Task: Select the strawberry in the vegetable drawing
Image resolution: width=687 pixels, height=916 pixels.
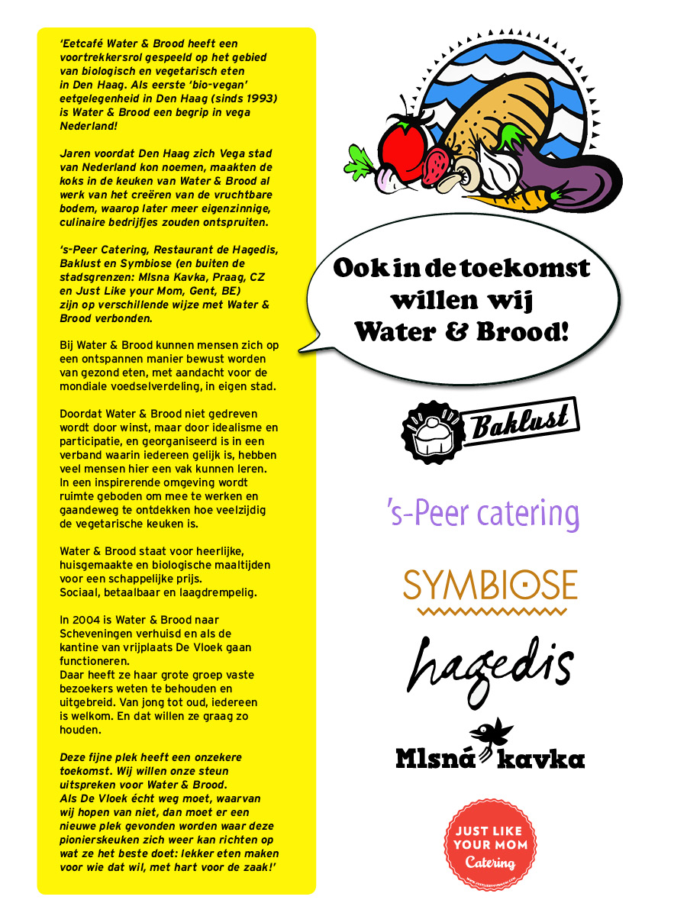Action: point(437,163)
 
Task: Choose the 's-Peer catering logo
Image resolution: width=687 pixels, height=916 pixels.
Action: point(483,514)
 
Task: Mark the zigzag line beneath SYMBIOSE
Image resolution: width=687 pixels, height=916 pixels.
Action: point(490,611)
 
